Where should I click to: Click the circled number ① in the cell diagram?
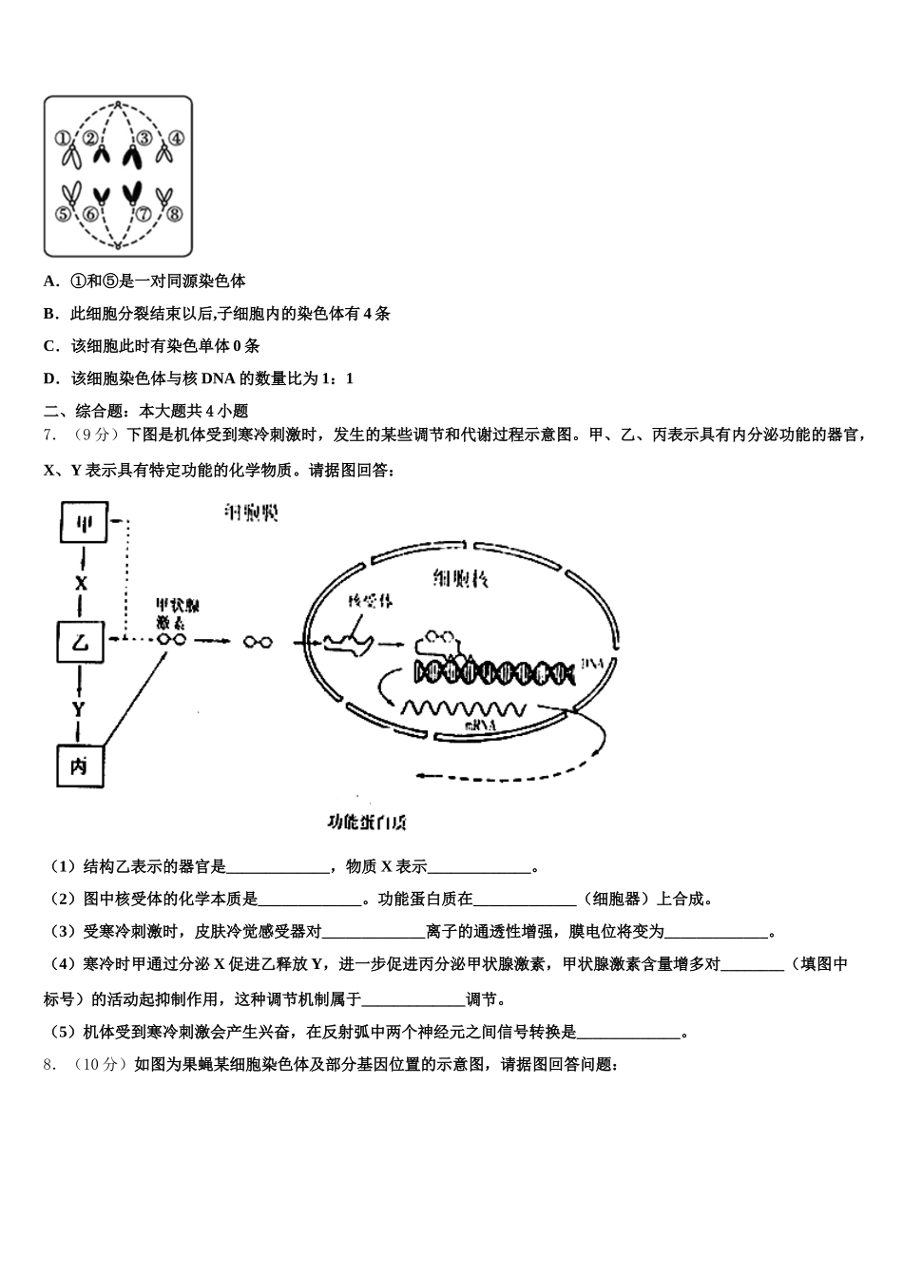pyautogui.click(x=62, y=138)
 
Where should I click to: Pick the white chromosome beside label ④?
pyautogui.click(x=163, y=152)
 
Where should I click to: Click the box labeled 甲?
pyautogui.click(x=84, y=522)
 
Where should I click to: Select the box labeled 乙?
pyautogui.click(x=80, y=642)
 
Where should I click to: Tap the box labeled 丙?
pyautogui.click(x=80, y=764)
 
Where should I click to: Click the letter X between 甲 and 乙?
pyautogui.click(x=81, y=583)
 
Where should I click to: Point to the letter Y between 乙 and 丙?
pyautogui.click(x=79, y=708)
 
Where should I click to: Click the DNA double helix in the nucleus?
pyautogui.click(x=494, y=672)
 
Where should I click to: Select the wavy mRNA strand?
pyautogui.click(x=463, y=708)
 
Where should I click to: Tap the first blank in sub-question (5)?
pyautogui.click(x=628, y=1034)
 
